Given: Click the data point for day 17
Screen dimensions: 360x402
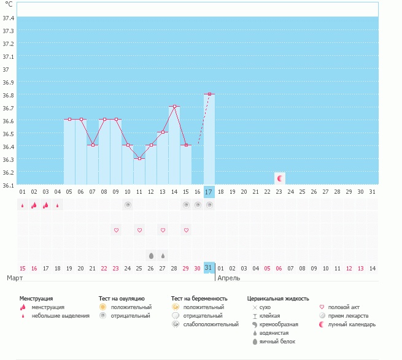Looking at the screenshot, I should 209,94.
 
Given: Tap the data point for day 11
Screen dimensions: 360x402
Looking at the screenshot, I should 139,159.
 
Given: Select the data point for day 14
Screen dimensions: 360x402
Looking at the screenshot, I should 174,107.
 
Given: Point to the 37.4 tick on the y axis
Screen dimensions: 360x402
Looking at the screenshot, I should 9,18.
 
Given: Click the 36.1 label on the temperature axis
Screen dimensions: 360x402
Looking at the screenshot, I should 9,185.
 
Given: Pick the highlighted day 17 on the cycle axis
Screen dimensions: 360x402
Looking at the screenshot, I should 209,192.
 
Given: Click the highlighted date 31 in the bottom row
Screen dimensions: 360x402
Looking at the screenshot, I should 209,268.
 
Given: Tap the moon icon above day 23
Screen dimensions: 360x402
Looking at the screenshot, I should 279,178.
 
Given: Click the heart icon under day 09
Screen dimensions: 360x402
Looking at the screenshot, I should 116,230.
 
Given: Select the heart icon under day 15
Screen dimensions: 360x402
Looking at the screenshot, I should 186,230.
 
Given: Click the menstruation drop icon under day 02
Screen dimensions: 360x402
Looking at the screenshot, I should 34,205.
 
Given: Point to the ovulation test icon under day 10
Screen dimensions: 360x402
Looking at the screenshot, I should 128,205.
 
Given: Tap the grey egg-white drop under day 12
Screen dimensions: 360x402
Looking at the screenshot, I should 151,255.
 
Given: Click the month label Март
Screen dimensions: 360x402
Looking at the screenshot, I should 15,278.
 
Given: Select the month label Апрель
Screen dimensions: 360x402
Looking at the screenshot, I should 229,278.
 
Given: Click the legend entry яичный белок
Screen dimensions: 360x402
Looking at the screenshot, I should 278,342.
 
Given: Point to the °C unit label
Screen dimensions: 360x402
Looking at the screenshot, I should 9,4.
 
